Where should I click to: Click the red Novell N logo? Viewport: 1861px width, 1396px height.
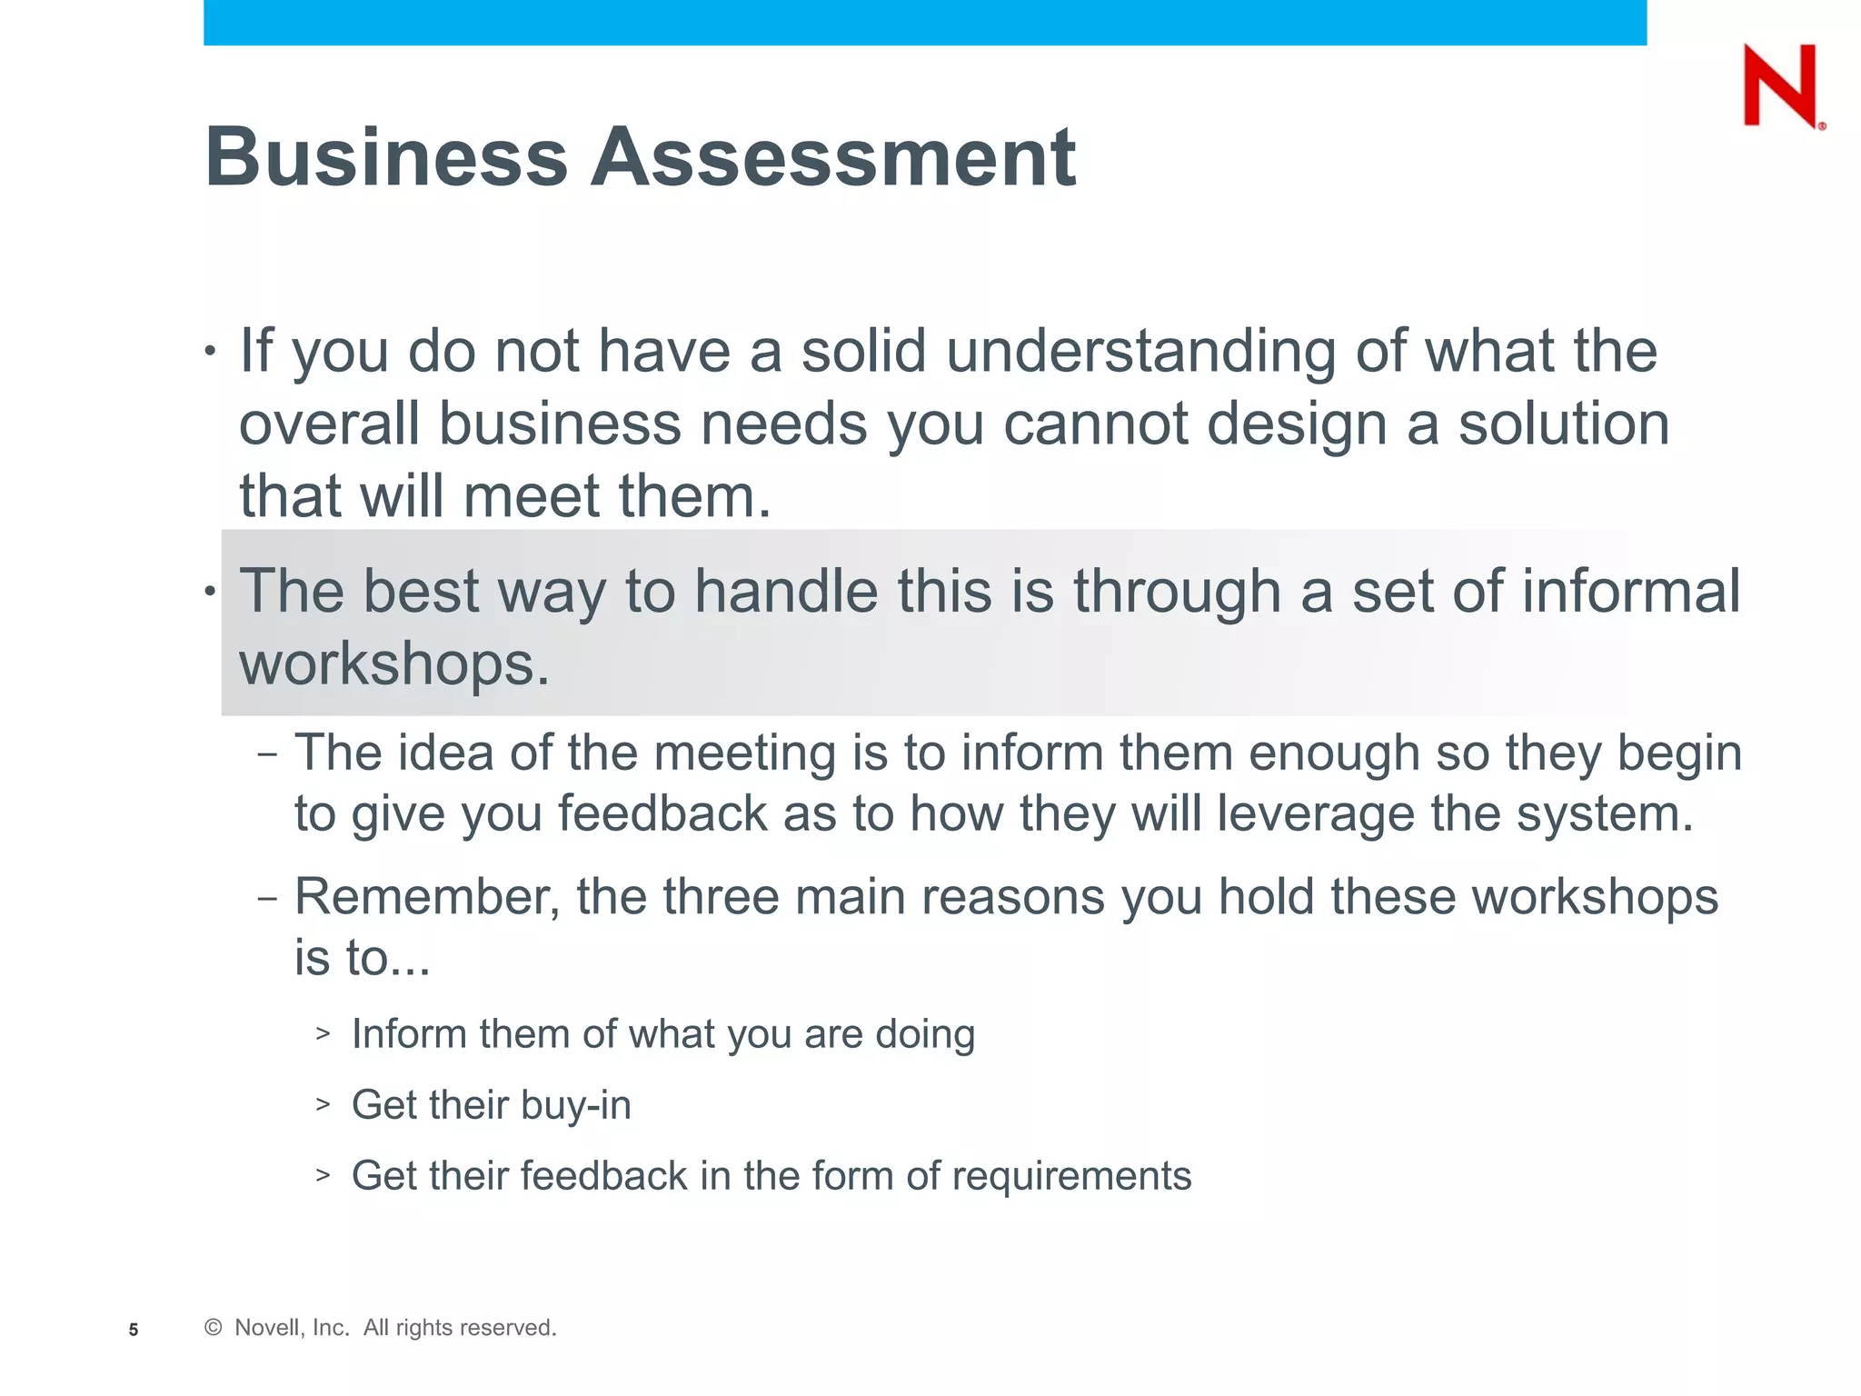coord(1781,85)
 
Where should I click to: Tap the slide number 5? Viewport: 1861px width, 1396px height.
coord(134,1330)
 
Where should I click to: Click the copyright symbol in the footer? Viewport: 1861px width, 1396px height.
coord(214,1328)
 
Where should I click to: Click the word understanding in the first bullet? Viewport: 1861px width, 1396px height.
coord(1140,352)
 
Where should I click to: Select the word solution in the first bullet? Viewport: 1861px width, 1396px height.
coord(1564,424)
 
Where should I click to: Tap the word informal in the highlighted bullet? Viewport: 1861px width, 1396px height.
coord(1631,592)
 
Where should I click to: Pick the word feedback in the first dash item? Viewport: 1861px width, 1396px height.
coord(662,813)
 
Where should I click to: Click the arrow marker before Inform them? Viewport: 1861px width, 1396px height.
coord(323,1033)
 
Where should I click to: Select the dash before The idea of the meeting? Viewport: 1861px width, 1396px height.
coord(267,754)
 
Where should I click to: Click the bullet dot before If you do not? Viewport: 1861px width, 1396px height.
coord(210,352)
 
